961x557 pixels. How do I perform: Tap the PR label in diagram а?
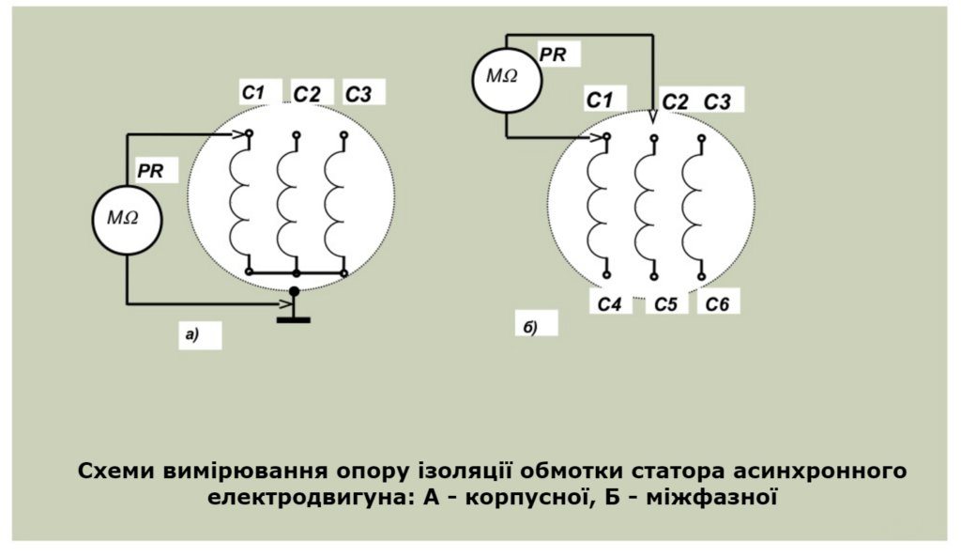[150, 171]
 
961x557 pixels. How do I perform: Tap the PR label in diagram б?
[553, 54]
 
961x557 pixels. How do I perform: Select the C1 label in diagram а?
[252, 93]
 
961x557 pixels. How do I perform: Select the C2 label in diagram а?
[307, 95]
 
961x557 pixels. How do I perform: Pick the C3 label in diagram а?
[358, 95]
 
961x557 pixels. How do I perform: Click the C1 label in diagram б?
[599, 100]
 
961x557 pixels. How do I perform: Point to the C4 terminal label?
[609, 304]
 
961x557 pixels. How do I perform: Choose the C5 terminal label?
[665, 304]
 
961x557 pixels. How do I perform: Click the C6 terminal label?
[717, 304]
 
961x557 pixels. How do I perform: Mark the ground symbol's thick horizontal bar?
[294, 319]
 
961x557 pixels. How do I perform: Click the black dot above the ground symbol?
[294, 291]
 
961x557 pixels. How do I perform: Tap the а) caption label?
[192, 334]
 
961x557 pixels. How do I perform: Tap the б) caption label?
[530, 327]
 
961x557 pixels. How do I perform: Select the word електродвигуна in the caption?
[306, 496]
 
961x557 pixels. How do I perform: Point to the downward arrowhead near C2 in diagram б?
[653, 116]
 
